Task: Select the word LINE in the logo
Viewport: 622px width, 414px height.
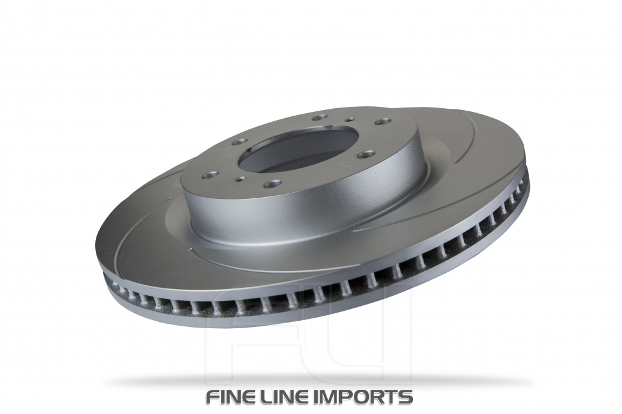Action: [295, 396]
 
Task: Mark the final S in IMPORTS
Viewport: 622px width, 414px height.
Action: [406, 396]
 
